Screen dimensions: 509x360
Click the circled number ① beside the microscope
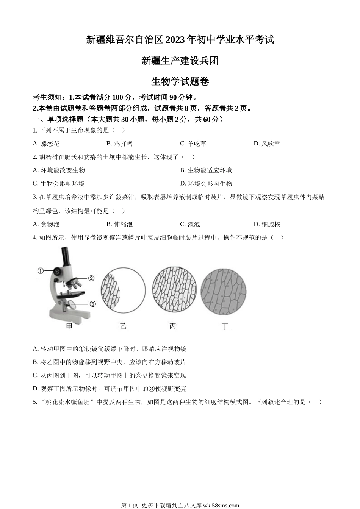[x=41, y=270]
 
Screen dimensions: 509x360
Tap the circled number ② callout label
[x=91, y=278]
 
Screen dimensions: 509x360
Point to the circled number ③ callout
[x=92, y=304]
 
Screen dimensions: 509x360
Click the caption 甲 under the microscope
[x=69, y=326]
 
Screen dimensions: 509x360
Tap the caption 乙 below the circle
[x=123, y=326]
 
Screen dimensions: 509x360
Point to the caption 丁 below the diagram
[x=225, y=326]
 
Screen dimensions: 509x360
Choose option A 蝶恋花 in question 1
[x=46, y=144]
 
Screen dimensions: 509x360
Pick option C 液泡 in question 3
[x=190, y=224]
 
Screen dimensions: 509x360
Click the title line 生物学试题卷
[x=180, y=81]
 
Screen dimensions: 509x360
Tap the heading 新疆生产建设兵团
[x=180, y=61]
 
